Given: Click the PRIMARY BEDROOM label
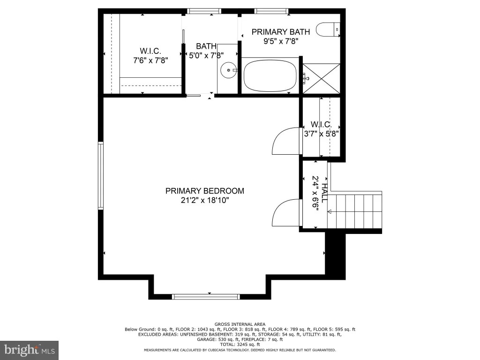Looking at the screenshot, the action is click(x=205, y=191).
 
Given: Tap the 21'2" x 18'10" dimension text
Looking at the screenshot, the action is click(x=205, y=201).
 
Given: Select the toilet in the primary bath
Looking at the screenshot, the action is click(x=328, y=30).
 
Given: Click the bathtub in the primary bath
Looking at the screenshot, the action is click(x=270, y=75).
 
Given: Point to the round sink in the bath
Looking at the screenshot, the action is click(x=228, y=70).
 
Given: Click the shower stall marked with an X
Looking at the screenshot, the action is click(x=322, y=78).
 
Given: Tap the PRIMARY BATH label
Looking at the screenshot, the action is click(x=281, y=32).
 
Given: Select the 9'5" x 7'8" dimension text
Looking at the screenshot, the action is click(x=281, y=41).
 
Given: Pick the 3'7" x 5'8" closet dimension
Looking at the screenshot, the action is click(x=321, y=134).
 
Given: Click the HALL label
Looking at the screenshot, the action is click(x=324, y=193).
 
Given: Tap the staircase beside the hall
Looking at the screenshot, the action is click(x=355, y=211).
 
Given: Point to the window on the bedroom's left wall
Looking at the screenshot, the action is click(x=100, y=175).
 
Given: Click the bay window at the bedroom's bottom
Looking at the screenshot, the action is click(x=206, y=296).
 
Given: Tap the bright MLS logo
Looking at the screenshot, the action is click(x=29, y=350).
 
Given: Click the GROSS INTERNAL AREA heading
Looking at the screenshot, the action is click(x=240, y=324).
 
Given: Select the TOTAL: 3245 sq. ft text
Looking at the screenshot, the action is click(x=240, y=345).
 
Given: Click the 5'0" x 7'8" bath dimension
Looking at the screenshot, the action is click(x=206, y=56).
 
